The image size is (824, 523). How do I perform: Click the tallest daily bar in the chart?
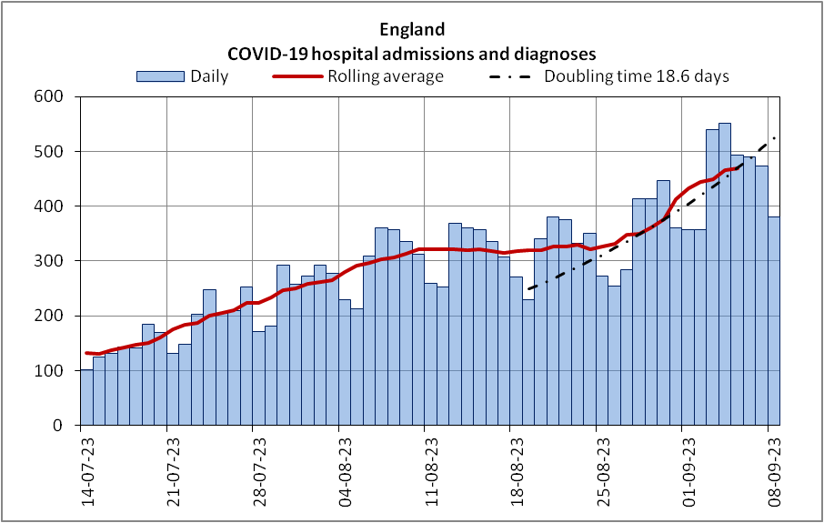point(725,273)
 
